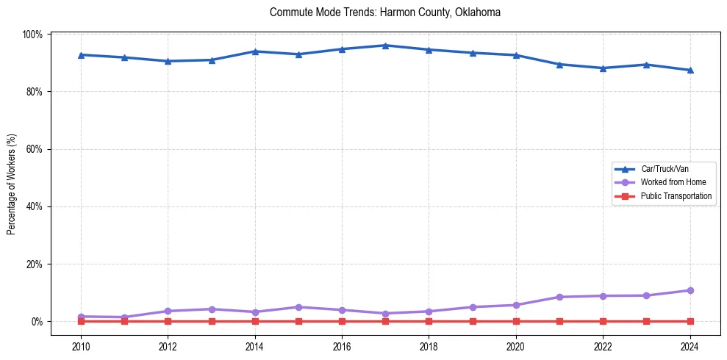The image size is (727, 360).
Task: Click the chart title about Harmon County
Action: pyautogui.click(x=385, y=12)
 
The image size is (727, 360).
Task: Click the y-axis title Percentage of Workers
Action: pyautogui.click(x=12, y=184)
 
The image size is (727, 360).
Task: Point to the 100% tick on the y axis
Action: pyautogui.click(x=34, y=35)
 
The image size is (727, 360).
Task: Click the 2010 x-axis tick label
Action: pyautogui.click(x=81, y=346)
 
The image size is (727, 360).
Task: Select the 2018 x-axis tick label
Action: pyautogui.click(x=429, y=346)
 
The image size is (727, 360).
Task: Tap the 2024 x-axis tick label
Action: pyautogui.click(x=690, y=346)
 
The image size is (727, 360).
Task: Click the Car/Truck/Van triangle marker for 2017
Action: pyautogui.click(x=385, y=46)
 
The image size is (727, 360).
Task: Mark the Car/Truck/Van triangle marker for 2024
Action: pyautogui.click(x=690, y=71)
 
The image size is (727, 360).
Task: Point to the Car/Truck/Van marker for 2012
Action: pyautogui.click(x=168, y=61)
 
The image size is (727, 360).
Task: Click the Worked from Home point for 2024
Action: pyautogui.click(x=690, y=290)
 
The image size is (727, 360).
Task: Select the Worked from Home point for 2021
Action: pyautogui.click(x=559, y=297)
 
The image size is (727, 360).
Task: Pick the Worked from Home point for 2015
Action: pyautogui.click(x=298, y=307)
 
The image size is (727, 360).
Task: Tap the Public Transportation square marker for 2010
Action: pyautogui.click(x=81, y=321)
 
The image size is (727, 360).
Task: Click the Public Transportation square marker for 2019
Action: pyautogui.click(x=473, y=321)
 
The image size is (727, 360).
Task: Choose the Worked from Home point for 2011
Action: pyautogui.click(x=124, y=317)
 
